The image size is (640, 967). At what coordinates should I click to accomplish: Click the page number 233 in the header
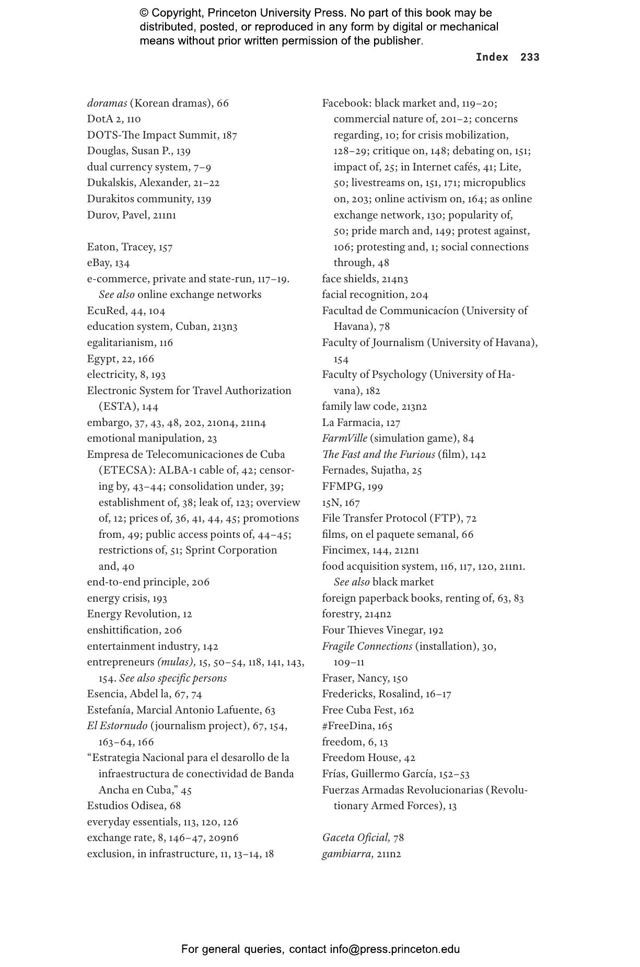(x=529, y=57)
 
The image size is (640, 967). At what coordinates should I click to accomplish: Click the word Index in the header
(x=492, y=57)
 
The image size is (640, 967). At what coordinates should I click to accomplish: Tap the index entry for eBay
(x=99, y=262)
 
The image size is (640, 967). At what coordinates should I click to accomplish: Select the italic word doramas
(x=107, y=103)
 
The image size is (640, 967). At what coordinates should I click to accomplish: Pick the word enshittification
(x=122, y=630)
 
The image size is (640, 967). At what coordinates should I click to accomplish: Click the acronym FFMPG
(x=341, y=486)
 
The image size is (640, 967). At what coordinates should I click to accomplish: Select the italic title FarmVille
(x=344, y=438)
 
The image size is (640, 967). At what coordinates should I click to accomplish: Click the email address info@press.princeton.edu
(x=394, y=949)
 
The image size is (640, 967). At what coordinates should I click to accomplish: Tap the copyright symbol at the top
(x=144, y=13)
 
